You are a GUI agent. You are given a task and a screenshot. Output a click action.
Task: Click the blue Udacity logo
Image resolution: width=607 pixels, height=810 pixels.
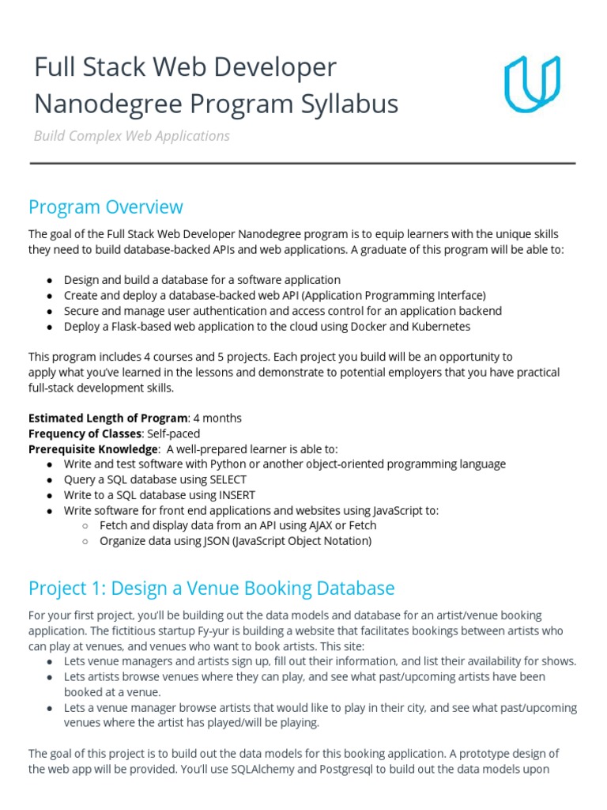point(532,83)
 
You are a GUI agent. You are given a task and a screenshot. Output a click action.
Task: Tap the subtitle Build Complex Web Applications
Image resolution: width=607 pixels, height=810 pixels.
point(131,136)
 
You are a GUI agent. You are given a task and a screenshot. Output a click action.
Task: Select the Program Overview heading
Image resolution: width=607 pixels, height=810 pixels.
point(105,207)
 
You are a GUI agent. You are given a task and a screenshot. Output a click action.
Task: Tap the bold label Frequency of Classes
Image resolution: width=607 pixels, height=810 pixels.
point(85,433)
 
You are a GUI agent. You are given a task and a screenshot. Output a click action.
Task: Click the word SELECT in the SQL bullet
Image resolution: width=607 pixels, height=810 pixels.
point(228,479)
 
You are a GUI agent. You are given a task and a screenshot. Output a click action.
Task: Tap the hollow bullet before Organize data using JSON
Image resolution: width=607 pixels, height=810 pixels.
point(85,542)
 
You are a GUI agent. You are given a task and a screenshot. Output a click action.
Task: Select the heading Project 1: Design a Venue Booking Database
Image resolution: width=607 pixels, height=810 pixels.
point(211,589)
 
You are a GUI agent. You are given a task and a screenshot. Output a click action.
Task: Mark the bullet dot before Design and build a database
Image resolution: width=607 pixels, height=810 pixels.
point(50,281)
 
